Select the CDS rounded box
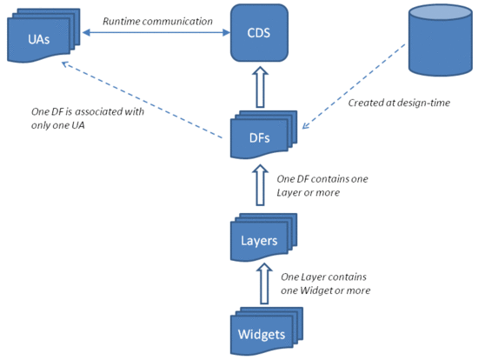pyautogui.click(x=259, y=32)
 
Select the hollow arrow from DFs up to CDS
pyautogui.click(x=258, y=87)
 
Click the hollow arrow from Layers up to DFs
pyautogui.click(x=258, y=185)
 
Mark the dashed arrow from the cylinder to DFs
pyautogui.click(x=356, y=88)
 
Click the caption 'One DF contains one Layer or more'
pyautogui.click(x=322, y=185)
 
